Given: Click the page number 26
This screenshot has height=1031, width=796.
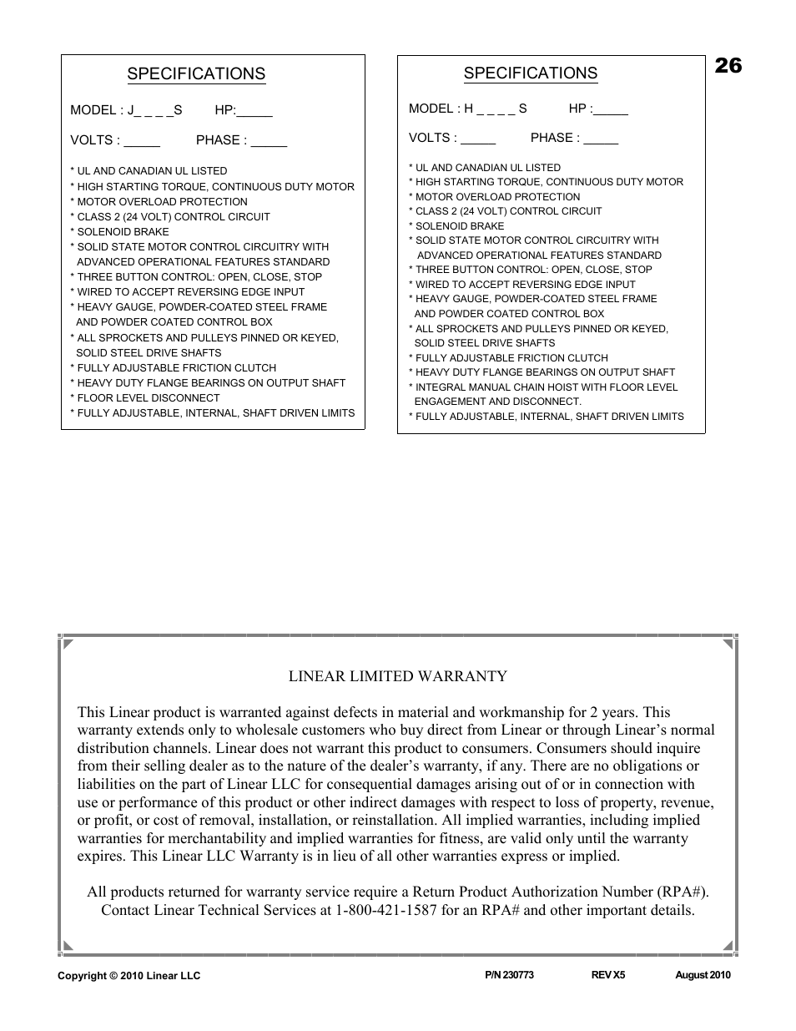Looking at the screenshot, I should [728, 66].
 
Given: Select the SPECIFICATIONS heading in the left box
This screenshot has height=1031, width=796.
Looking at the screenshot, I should [196, 74].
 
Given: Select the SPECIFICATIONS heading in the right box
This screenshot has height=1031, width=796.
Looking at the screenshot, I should [531, 73].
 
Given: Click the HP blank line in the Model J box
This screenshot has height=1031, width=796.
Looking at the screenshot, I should [254, 112].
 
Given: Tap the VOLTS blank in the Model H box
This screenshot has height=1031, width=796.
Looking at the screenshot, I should [478, 139].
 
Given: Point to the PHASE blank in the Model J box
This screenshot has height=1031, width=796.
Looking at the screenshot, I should [269, 142].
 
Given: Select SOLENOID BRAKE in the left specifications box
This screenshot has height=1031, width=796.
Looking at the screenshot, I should [123, 232].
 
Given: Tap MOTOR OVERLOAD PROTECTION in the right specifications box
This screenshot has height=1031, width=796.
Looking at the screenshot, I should [497, 197].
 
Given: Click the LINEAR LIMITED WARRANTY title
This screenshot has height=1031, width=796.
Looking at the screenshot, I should [397, 676].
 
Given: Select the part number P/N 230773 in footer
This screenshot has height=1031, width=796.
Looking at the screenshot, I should [509, 975].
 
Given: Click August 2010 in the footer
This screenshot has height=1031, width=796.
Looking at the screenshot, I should [703, 975].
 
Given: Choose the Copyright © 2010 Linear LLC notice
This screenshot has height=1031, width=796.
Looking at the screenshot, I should [128, 976].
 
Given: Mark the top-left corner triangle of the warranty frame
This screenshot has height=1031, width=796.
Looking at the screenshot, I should [68, 644].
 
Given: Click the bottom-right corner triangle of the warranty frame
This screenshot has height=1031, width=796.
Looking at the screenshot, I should [728, 946].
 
